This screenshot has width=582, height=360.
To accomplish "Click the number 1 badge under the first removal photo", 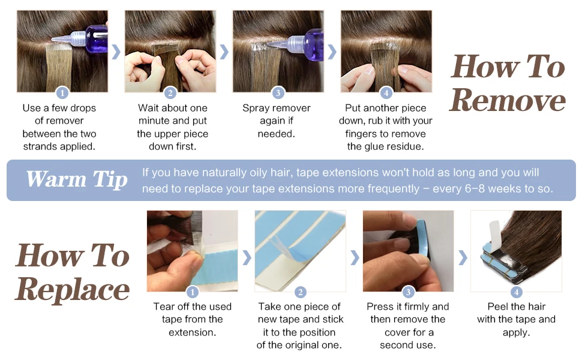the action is click(x=62, y=92).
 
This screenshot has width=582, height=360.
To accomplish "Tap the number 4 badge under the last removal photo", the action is click(x=386, y=92).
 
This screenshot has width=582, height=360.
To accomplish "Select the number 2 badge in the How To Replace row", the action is click(x=300, y=292).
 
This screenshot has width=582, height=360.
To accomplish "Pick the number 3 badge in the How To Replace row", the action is click(x=408, y=292).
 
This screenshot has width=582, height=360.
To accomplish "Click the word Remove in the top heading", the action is click(x=508, y=100).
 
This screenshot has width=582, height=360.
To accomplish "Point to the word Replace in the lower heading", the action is click(x=73, y=290).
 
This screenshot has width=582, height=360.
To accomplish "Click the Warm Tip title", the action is click(x=77, y=179).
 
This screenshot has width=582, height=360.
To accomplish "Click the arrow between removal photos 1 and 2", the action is click(x=116, y=52).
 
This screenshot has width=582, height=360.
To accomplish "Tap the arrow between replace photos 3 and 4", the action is click(x=463, y=257).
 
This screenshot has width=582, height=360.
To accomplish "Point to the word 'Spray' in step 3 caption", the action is click(x=256, y=109).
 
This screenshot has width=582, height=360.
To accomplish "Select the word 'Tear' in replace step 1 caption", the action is click(x=163, y=307).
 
